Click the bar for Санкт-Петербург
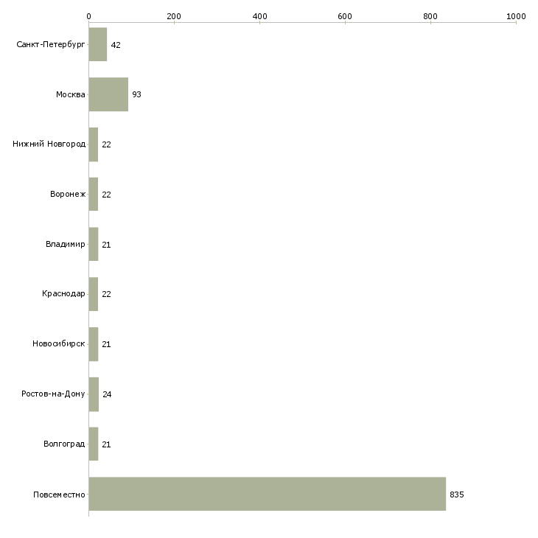point(98,44)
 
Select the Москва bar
point(108,94)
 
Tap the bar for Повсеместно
point(268,494)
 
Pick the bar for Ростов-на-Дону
point(94,394)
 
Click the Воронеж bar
point(94,195)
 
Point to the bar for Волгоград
point(94,444)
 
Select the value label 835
point(457,495)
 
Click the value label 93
point(136,94)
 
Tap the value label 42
point(116,45)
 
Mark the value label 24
point(107,394)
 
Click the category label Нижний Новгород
point(49,144)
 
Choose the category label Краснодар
point(63,294)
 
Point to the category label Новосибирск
point(59,343)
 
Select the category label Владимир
point(65,244)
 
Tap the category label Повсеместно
point(59,495)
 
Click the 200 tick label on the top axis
point(174,16)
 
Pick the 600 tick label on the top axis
point(345,16)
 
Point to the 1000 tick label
point(516,16)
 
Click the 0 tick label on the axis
point(89,16)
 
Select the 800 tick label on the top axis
point(430,16)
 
